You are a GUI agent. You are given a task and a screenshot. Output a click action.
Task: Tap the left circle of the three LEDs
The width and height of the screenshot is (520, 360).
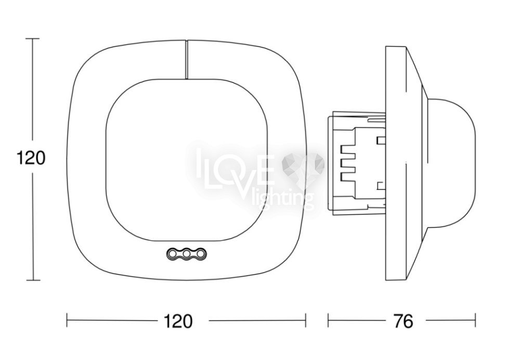coord(173,254)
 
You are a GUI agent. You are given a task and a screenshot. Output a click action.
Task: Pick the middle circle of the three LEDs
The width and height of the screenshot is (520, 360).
coord(186,254)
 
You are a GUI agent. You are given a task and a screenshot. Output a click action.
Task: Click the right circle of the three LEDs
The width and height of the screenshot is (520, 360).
coord(200,254)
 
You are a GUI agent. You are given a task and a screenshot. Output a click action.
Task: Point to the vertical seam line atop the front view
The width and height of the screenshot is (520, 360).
coord(186,60)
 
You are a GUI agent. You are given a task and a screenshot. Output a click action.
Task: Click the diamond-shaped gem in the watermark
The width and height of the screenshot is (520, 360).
coord(303,165)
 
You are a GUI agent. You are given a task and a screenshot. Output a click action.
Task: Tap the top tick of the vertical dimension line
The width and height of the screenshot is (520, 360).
coord(32,38)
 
